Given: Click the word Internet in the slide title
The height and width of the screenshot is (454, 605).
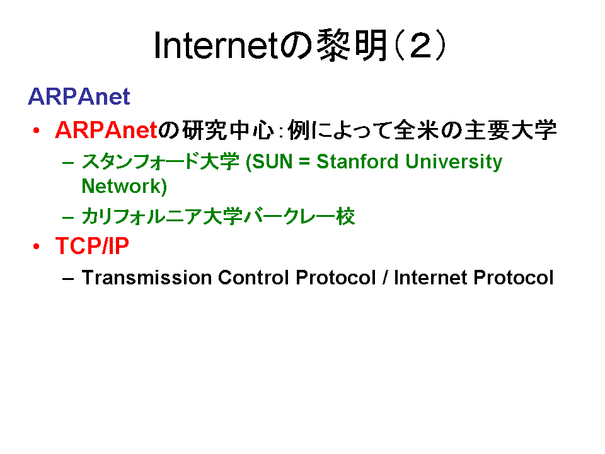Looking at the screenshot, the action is pyautogui.click(x=216, y=46).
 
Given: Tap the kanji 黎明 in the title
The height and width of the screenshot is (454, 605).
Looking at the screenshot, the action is pyautogui.click(x=352, y=45).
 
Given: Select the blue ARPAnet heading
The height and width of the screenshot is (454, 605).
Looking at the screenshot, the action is pyautogui.click(x=79, y=96).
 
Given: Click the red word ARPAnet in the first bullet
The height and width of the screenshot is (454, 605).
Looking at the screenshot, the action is pyautogui.click(x=106, y=130).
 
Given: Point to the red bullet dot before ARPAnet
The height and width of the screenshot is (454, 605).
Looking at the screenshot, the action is pyautogui.click(x=37, y=131).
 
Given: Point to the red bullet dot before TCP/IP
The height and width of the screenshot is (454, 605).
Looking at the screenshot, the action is pyautogui.click(x=37, y=246).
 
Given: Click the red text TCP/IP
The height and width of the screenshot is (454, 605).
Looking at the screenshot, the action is pyautogui.click(x=92, y=245).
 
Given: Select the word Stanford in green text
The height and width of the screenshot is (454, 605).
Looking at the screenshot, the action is pyautogui.click(x=357, y=161).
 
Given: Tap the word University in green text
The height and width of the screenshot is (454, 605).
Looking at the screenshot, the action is pyautogui.click(x=454, y=162).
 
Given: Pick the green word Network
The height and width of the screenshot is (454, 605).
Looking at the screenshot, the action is pyautogui.click(x=122, y=186).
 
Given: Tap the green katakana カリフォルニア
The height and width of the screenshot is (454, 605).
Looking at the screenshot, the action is pyautogui.click(x=141, y=216).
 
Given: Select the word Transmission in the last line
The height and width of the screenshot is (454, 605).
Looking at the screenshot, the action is pyautogui.click(x=147, y=277).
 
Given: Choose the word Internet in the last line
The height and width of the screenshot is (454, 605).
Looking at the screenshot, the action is pyautogui.click(x=430, y=277).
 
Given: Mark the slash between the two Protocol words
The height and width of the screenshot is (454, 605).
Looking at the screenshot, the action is pyautogui.click(x=384, y=277).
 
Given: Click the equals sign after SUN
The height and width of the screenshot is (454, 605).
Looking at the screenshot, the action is pyautogui.click(x=304, y=162).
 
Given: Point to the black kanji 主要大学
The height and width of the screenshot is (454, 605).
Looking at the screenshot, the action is pyautogui.click(x=510, y=130).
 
